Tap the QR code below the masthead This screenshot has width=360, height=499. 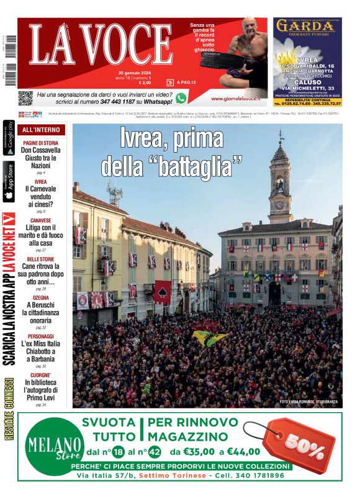pos(25,98)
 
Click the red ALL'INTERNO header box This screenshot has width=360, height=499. pos(41,130)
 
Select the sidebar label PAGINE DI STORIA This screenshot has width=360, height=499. pos(41,143)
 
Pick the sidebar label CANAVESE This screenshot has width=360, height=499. pos(41,220)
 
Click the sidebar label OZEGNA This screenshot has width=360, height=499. pos(41,298)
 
